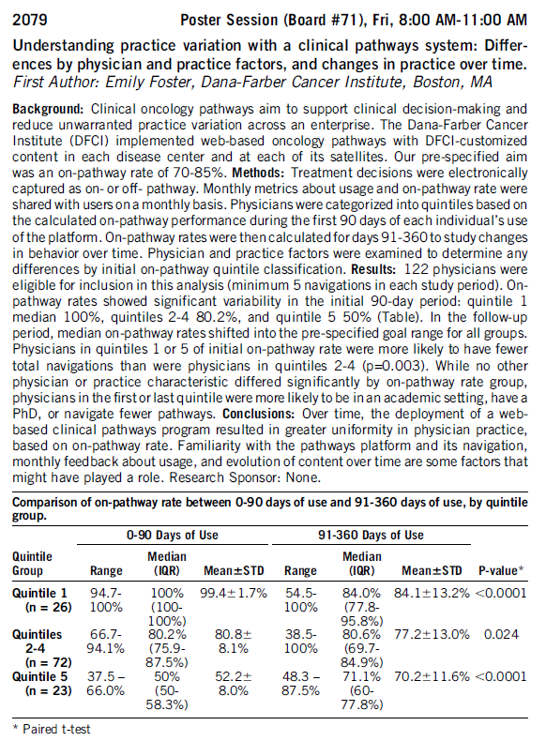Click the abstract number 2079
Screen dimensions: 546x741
click(30, 20)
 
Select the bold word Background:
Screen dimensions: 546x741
click(48, 109)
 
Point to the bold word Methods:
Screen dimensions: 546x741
click(259, 173)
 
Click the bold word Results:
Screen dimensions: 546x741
click(373, 269)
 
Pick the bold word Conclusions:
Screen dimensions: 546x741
click(259, 414)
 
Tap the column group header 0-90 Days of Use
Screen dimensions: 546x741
click(172, 535)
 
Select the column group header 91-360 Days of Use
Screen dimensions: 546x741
click(371, 535)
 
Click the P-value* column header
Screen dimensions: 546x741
click(501, 570)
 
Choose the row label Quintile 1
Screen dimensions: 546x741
click(39, 593)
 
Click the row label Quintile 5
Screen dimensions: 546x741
click(39, 676)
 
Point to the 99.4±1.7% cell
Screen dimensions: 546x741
click(233, 593)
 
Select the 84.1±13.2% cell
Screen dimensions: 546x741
click(432, 593)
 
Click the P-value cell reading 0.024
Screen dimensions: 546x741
click(501, 635)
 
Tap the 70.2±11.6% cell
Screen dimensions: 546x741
click(432, 676)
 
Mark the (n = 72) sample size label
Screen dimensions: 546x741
click(48, 662)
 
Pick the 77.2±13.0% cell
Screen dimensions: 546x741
click(432, 635)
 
